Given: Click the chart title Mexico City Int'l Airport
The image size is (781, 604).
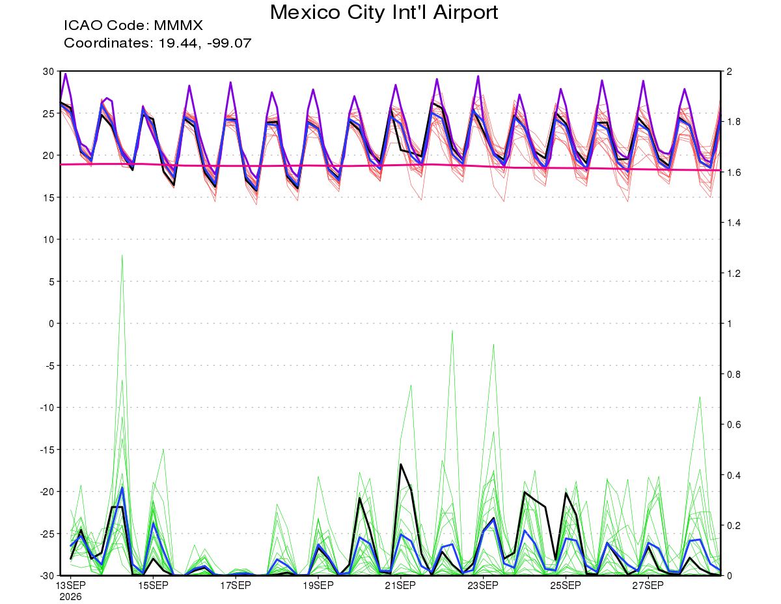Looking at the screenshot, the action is tap(383, 13).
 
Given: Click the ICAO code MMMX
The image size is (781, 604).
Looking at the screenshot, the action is tap(178, 25).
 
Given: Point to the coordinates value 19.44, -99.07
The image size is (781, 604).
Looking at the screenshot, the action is tap(205, 43).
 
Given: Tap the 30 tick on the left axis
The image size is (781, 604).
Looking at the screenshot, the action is tap(48, 71).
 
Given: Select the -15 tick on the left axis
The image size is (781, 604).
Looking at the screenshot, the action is tap(47, 450).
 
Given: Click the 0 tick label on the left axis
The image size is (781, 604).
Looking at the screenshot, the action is tap(51, 323).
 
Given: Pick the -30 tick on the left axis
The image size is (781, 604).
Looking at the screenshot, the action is tap(47, 575).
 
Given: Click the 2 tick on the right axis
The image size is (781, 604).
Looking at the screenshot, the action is tap(729, 71).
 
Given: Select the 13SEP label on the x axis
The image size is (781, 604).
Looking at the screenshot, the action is tap(70, 586).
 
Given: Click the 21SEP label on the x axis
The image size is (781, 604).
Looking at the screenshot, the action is tap(400, 586).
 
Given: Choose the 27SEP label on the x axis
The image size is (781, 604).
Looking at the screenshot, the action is tap(648, 586).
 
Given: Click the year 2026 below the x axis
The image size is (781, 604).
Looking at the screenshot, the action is tap(70, 597).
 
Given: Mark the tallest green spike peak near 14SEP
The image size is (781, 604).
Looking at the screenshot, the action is tap(122, 255).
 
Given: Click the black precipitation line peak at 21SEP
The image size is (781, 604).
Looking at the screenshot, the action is tap(400, 464).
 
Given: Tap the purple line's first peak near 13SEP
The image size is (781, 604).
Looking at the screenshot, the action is tap(66, 74).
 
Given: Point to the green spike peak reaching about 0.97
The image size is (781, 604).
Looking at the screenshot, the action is tap(452, 330).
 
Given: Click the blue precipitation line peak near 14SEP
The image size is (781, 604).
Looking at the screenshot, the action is tap(122, 487).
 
